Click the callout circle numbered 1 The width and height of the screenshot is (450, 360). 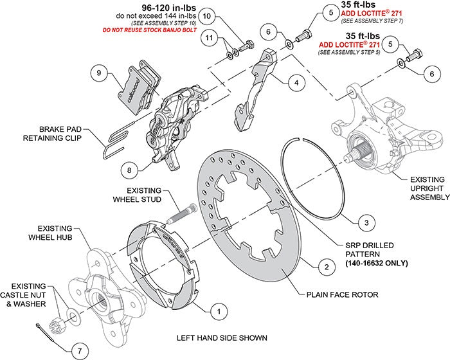[219, 310]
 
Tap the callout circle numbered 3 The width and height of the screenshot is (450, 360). [364, 222]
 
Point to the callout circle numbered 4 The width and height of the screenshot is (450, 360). [296, 82]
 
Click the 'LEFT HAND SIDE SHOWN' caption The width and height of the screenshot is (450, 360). [222, 337]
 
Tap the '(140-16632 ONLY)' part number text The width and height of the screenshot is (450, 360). [359, 264]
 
